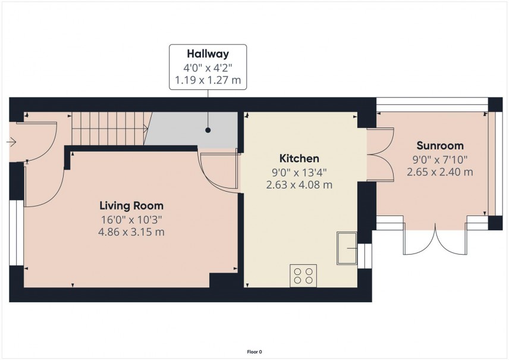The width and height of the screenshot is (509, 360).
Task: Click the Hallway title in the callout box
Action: pos(208,54)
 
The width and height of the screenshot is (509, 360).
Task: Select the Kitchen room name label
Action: pos(299,159)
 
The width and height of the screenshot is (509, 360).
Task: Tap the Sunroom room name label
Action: pos(439,146)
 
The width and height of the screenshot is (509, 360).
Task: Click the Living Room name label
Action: pos(131,206)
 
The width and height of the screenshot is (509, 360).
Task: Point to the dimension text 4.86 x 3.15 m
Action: pos(131,232)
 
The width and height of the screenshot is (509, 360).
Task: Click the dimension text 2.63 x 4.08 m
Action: pos(299,185)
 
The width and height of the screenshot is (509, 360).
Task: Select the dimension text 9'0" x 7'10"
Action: pos(439,159)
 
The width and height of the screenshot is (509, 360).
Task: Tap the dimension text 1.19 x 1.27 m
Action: pos(208,80)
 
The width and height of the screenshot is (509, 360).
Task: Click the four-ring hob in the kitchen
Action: pos(303,276)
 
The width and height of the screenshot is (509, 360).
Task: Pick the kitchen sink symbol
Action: pos(347,248)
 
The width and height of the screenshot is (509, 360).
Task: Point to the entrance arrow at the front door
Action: pos(11,142)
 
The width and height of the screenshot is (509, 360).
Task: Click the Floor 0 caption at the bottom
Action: pos(254,352)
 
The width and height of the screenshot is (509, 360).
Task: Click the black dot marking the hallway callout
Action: pos(208,129)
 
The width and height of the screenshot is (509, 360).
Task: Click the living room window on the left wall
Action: pos(20,232)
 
